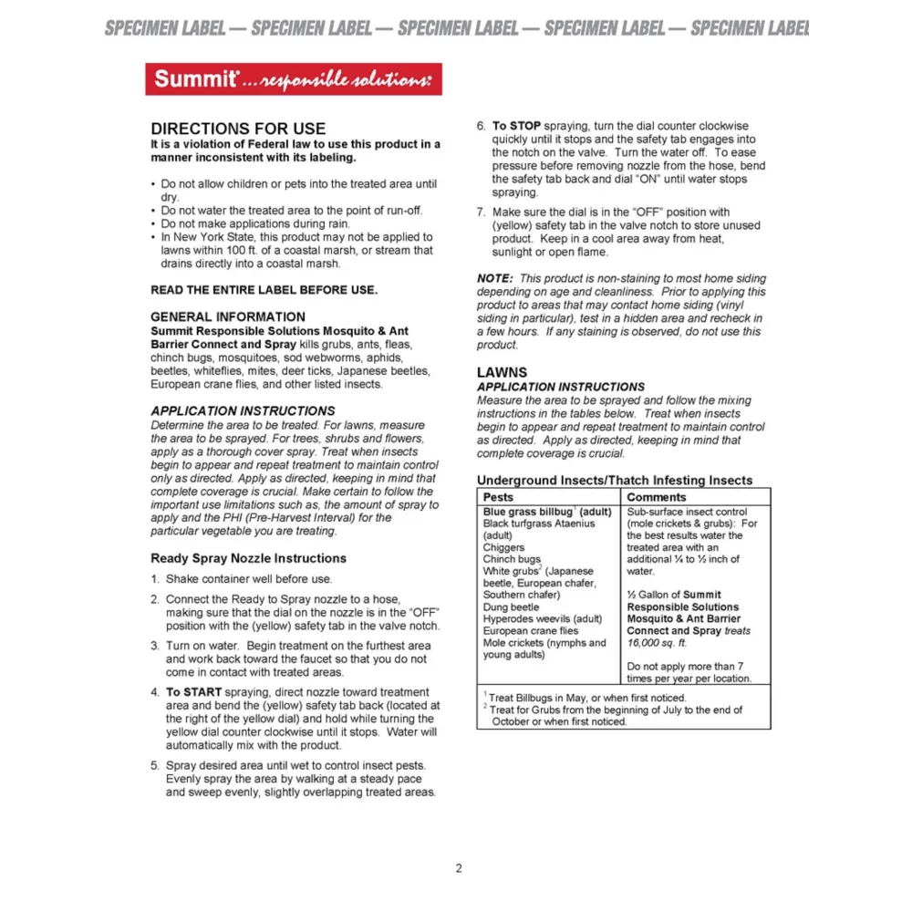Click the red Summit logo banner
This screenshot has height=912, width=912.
pos(293,79)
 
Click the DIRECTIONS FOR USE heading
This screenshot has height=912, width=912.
pos(238,129)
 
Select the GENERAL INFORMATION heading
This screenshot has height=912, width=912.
pos(215,316)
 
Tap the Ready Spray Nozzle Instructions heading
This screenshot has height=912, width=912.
pos(248,558)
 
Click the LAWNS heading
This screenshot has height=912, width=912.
pos(502,373)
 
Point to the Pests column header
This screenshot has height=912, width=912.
pos(498,497)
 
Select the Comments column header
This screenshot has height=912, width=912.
pos(657,497)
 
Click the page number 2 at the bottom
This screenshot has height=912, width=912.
pos(459,868)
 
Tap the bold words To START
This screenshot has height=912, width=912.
pos(194,692)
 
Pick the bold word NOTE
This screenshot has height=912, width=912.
pos(495,278)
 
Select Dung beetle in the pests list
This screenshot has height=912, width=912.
pos(511,606)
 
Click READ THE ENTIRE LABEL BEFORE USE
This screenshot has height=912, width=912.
pos(264,290)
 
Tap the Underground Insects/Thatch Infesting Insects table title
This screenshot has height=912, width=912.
pos(615,480)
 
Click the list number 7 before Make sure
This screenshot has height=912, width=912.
pos(481,212)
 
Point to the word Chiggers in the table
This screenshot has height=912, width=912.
pos(503,547)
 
